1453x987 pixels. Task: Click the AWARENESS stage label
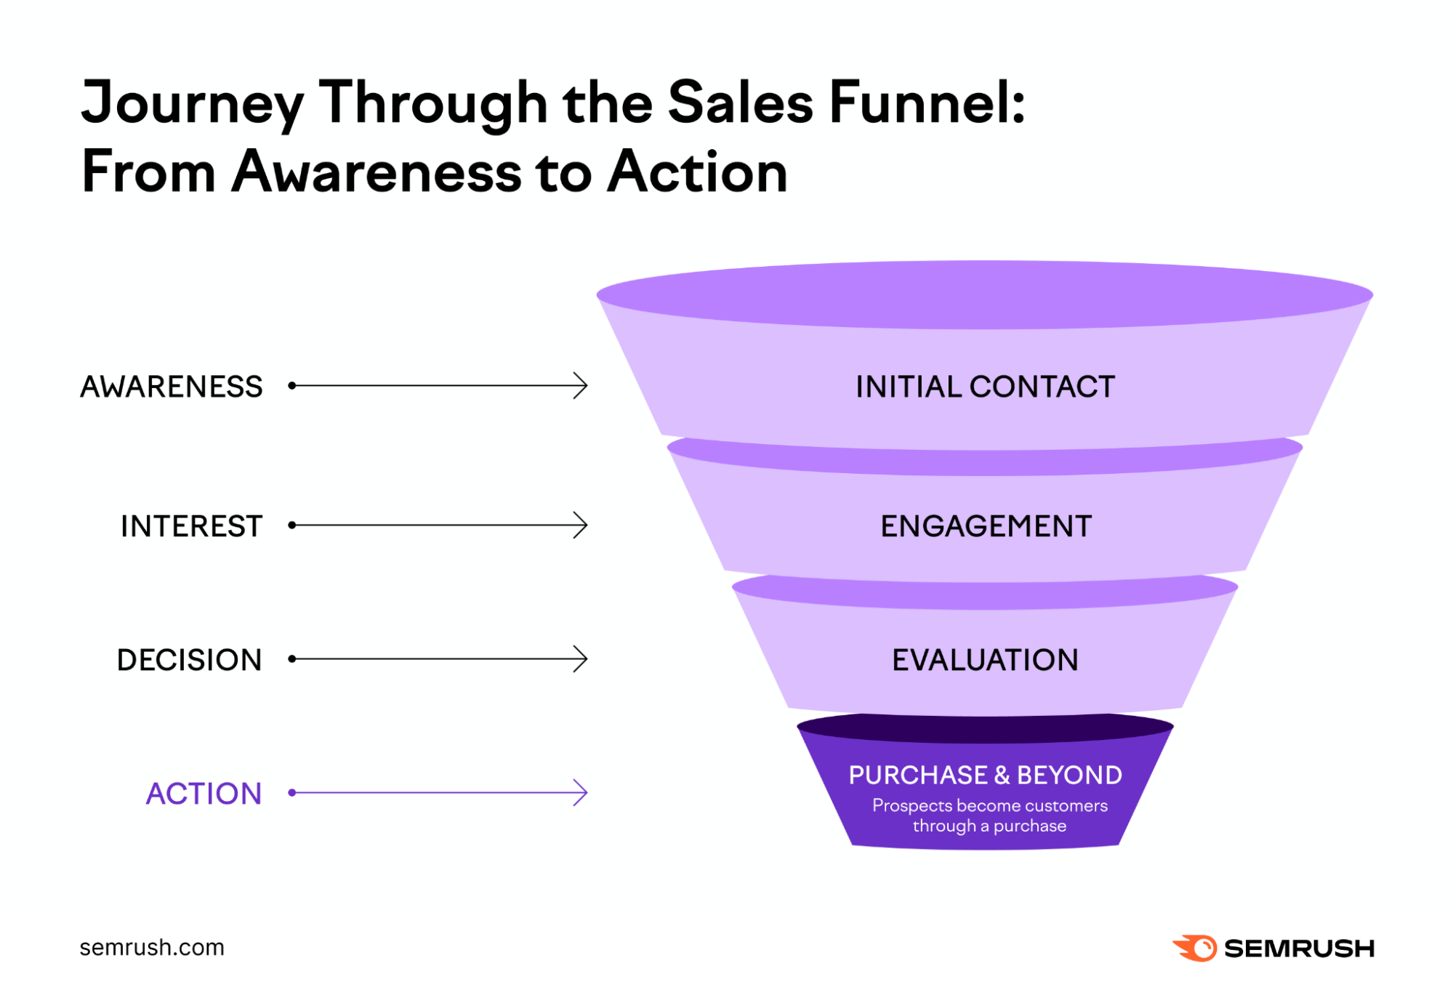tap(171, 387)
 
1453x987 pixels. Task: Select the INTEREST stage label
tap(191, 526)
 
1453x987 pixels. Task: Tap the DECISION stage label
tap(189, 660)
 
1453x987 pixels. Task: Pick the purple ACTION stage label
tap(204, 794)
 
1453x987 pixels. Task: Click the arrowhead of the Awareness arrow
tap(581, 386)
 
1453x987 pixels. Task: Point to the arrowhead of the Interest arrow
tap(581, 525)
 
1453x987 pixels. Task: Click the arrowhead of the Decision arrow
tap(581, 659)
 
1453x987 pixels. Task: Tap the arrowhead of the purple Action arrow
tap(581, 793)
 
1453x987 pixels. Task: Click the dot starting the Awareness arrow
tap(292, 386)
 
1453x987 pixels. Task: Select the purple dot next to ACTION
tap(292, 793)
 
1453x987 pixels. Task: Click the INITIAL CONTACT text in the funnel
tap(985, 387)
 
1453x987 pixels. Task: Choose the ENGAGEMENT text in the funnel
tap(986, 526)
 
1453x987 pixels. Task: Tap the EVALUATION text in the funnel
tap(985, 660)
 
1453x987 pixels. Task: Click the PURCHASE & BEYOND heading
tap(985, 775)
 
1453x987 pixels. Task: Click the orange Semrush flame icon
tap(1195, 948)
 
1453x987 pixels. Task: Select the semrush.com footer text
tap(152, 948)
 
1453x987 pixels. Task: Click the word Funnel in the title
tap(926, 103)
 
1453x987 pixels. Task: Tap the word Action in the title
tap(698, 172)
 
